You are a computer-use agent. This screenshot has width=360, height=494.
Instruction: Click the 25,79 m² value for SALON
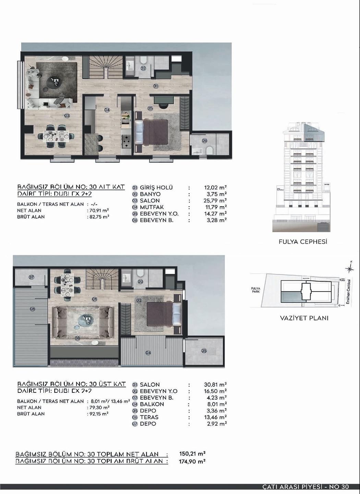(x=215, y=201)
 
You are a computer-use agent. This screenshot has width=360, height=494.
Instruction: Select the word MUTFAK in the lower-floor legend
(x=152, y=207)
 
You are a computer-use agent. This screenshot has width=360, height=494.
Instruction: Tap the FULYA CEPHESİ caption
(x=303, y=242)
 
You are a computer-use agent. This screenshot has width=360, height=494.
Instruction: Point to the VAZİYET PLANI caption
(x=304, y=318)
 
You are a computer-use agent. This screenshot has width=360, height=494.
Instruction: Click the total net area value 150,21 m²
(x=192, y=454)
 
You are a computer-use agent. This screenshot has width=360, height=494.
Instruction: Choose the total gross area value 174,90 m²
(x=192, y=461)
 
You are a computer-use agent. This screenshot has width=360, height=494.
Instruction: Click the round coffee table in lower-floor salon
(x=55, y=82)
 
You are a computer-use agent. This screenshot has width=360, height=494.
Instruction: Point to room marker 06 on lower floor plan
(x=204, y=141)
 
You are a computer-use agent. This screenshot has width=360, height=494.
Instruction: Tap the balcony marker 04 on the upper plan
(x=148, y=353)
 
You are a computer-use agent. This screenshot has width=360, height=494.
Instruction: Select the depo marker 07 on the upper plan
(x=31, y=277)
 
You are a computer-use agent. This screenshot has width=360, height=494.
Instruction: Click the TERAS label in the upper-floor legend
(x=149, y=417)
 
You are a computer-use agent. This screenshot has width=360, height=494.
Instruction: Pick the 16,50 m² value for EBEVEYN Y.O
(x=215, y=391)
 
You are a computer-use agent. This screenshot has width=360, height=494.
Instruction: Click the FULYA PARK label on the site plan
(x=255, y=290)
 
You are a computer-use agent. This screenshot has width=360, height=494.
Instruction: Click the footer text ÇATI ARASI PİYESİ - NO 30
(x=305, y=487)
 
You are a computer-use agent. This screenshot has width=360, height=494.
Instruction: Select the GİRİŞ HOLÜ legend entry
(x=156, y=188)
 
